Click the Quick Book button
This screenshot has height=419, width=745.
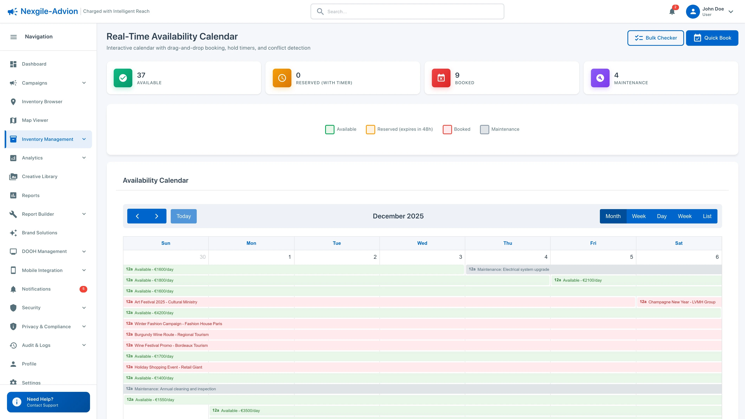tap(712, 38)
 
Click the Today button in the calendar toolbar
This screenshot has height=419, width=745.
tap(183, 216)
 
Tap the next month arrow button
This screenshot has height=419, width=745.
tap(156, 216)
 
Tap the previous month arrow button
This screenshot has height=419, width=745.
tap(137, 216)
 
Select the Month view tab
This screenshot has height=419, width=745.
tap(613, 216)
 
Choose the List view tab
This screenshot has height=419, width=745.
tap(707, 216)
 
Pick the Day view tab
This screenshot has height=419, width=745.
tap(661, 216)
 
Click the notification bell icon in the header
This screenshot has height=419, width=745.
tap(672, 12)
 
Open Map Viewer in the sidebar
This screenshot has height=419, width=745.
tap(35, 120)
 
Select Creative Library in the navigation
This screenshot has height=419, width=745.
tap(40, 176)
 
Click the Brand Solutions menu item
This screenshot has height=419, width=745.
tap(40, 233)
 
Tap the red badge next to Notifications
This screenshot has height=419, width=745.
tap(83, 289)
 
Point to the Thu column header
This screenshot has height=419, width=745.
tap(508, 243)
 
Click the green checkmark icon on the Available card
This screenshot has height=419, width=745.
tap(123, 78)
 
